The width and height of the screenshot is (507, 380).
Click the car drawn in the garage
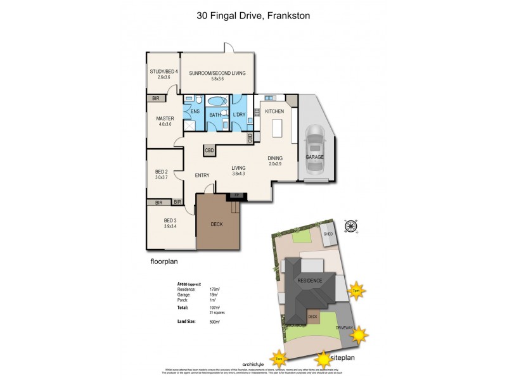[315, 150]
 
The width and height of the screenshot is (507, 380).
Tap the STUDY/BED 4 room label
[164, 72]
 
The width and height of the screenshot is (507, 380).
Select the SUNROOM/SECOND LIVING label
[217, 73]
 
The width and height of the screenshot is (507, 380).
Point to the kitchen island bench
[276, 129]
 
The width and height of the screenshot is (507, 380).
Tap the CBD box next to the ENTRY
[209, 150]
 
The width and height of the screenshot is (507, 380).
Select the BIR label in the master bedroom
[156, 98]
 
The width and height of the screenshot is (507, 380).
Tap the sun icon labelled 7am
[279, 359]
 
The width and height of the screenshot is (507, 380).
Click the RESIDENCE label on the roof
[307, 281]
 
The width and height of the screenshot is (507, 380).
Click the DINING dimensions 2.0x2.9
[274, 163]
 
